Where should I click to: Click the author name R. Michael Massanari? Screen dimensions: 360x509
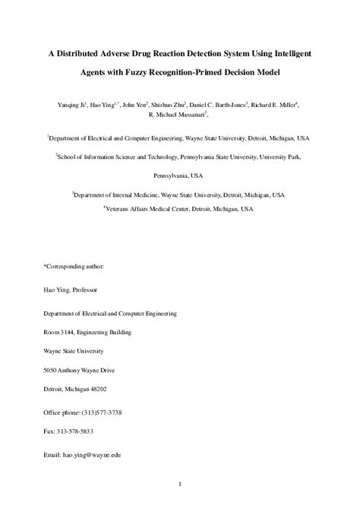click(180, 115)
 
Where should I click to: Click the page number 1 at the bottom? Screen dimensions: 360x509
click(180, 483)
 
